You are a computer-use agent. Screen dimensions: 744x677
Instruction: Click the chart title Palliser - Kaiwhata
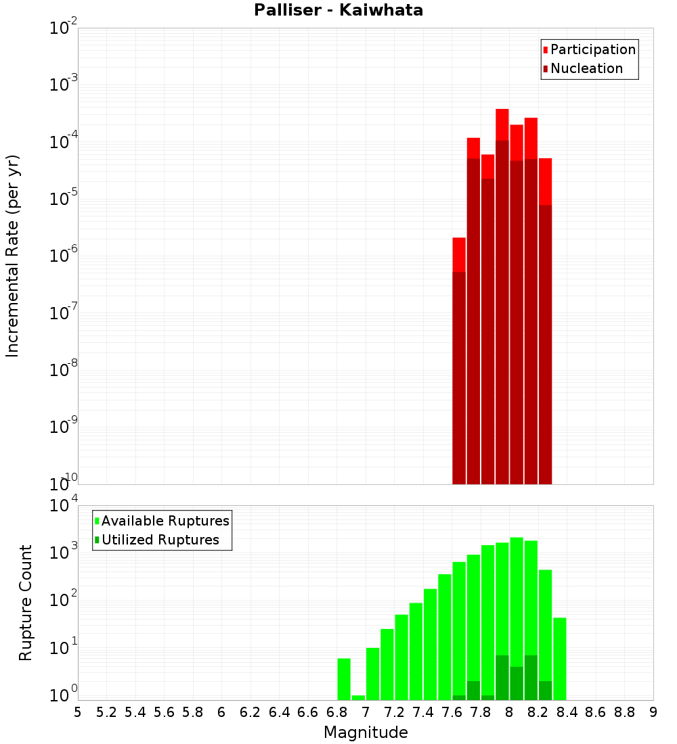pos(338,11)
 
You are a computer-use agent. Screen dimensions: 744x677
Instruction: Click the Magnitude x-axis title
pos(366,733)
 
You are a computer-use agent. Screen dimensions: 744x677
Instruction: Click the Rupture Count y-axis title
pos(26,603)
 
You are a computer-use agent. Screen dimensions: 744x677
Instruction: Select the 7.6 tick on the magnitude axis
pos(452,712)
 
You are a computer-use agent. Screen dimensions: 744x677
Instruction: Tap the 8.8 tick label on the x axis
pos(624,712)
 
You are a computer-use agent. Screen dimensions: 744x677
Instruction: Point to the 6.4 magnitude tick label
pos(279,712)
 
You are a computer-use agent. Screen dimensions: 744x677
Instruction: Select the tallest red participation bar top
pos(502,111)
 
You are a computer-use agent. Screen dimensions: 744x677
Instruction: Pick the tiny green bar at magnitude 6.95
pos(358,697)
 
